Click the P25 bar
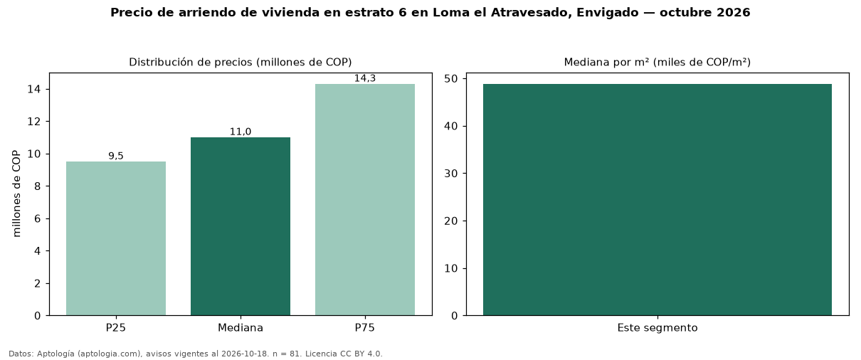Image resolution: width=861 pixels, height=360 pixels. pyautogui.click(x=116, y=238)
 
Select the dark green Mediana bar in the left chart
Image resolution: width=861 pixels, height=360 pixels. pyautogui.click(x=241, y=226)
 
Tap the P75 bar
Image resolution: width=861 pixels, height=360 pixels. pyautogui.click(x=365, y=199)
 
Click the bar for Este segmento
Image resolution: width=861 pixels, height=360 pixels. pyautogui.click(x=657, y=199)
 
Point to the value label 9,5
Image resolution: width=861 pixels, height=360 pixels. pyautogui.click(x=116, y=156)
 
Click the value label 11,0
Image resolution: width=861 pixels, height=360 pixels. pyautogui.click(x=241, y=132)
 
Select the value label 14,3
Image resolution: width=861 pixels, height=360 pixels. pyautogui.click(x=365, y=78)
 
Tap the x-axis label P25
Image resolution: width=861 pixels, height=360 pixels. pyautogui.click(x=116, y=328)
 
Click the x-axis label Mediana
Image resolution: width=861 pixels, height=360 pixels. pyautogui.click(x=241, y=328)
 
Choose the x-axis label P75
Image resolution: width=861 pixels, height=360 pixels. pyautogui.click(x=365, y=328)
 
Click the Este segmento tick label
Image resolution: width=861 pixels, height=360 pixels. pyautogui.click(x=657, y=328)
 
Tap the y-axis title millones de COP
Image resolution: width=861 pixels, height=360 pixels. pyautogui.click(x=16, y=194)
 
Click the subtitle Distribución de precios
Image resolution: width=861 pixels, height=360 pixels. pyautogui.click(x=189, y=62)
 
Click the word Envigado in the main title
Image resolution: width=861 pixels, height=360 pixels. pyautogui.click(x=607, y=13)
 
